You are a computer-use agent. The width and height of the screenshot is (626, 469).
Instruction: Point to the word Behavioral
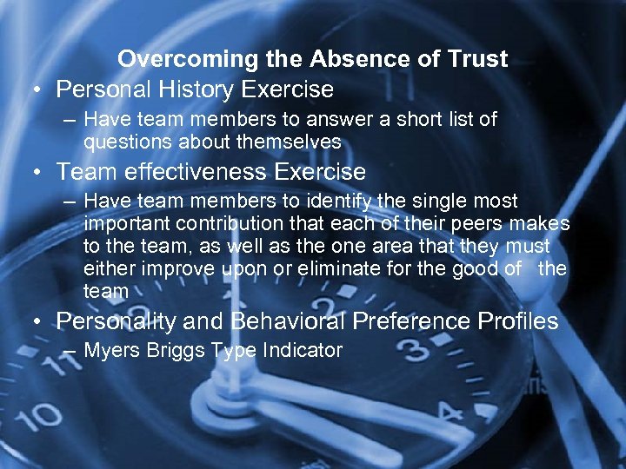[x=287, y=321]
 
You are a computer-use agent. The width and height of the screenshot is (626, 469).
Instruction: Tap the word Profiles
[x=518, y=321]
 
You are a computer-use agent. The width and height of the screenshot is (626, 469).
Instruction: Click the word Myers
[x=114, y=351]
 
